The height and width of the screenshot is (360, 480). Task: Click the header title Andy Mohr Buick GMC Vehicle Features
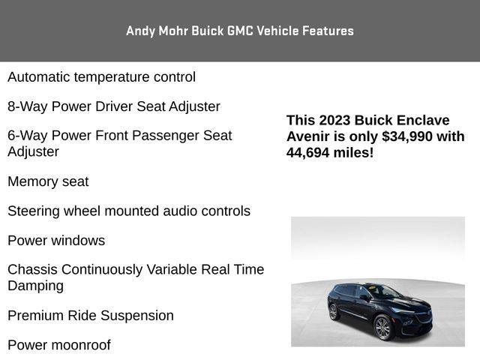coord(240,31)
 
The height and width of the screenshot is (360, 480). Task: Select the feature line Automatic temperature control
coord(101,76)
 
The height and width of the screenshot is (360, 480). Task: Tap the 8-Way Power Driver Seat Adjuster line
coord(114,106)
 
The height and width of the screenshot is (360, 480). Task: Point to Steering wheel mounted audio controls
coord(129,211)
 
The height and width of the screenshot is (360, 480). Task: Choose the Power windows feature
coord(56,241)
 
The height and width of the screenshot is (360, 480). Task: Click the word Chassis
coord(32,269)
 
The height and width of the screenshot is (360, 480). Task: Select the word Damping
coord(36,286)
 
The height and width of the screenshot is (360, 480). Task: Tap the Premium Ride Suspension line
coord(91,316)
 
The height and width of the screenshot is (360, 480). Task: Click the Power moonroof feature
coord(59,345)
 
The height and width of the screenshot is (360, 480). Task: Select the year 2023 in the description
coord(334,121)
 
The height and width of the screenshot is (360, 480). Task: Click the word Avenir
coord(308,136)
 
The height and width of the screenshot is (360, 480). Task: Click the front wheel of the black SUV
coord(382,328)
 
